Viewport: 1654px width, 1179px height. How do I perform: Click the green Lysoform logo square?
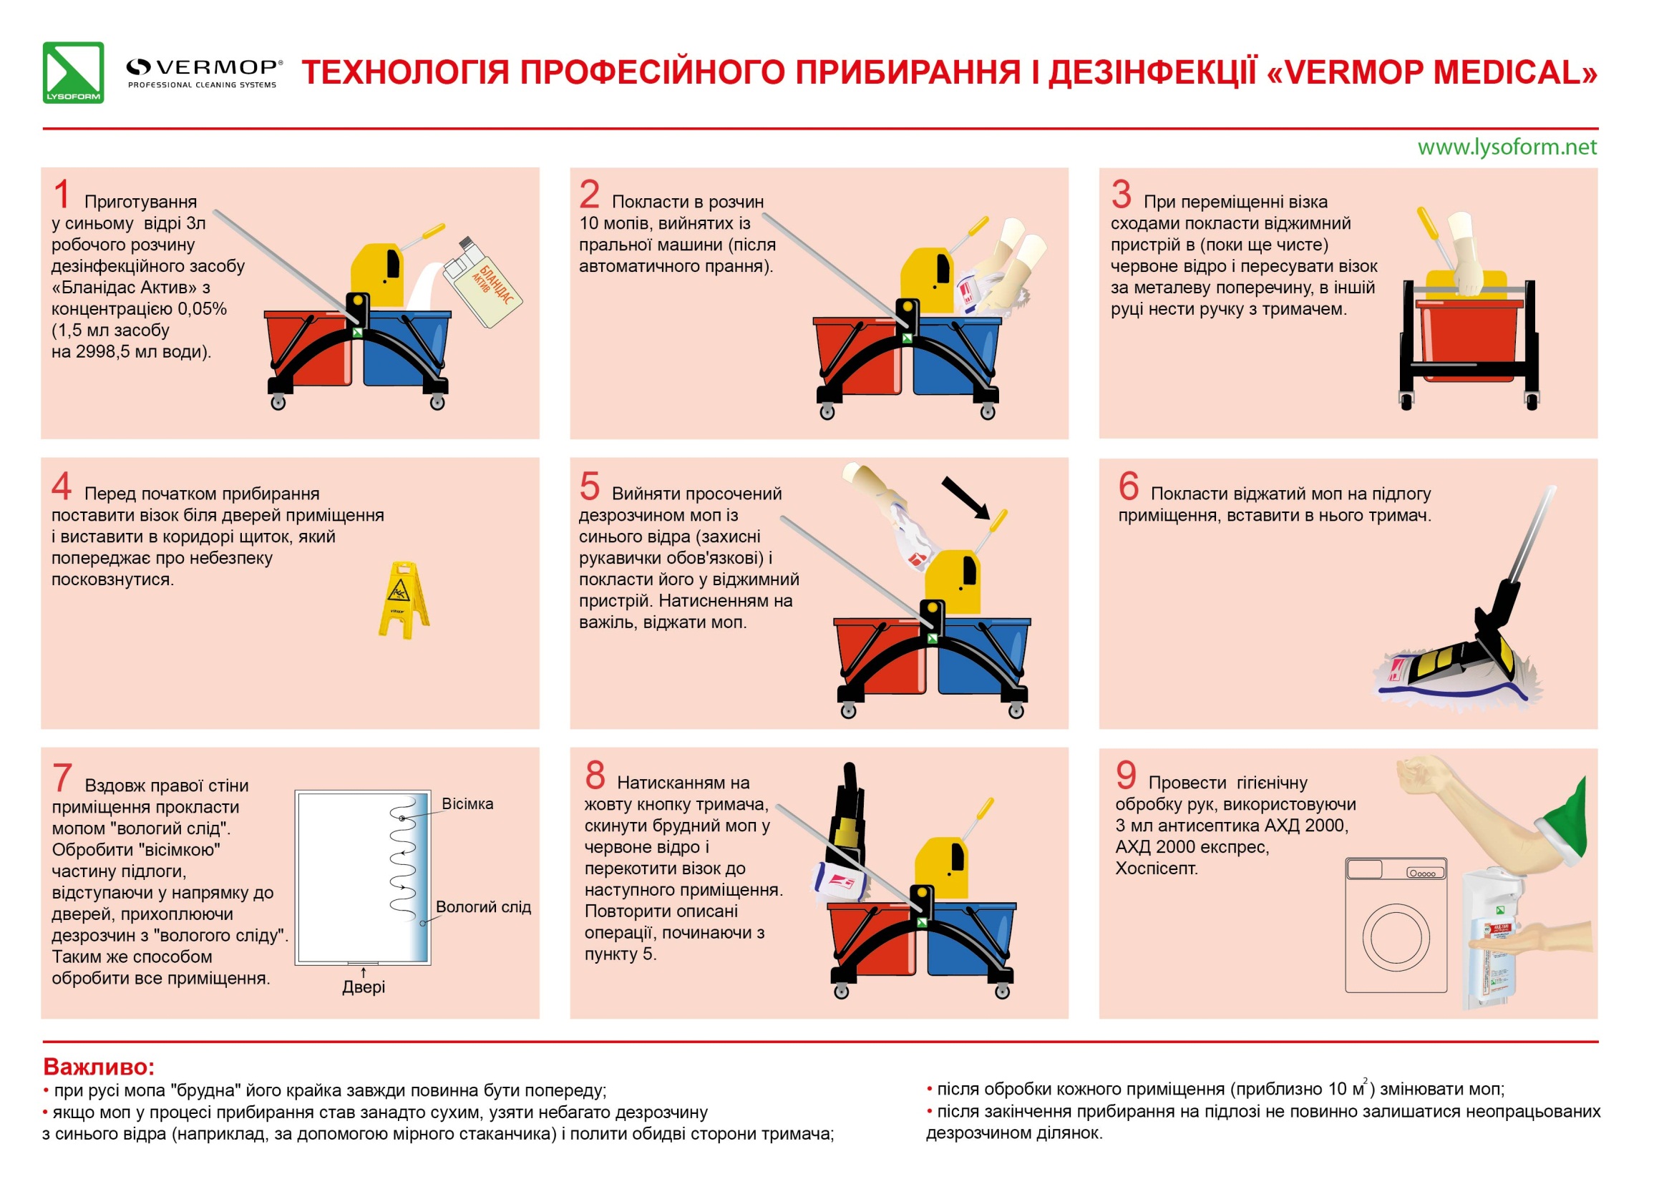click(72, 72)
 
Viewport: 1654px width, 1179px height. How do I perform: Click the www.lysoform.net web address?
click(1507, 147)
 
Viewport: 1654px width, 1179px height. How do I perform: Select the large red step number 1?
click(62, 195)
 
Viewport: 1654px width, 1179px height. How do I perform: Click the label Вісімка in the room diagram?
click(467, 803)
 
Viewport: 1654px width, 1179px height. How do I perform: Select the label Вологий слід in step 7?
click(483, 906)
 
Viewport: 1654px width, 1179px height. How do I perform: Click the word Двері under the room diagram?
click(364, 987)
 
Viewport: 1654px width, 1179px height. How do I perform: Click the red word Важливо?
click(99, 1067)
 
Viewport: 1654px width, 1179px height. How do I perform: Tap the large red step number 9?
click(1125, 776)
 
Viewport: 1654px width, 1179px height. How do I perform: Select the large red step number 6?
click(1129, 486)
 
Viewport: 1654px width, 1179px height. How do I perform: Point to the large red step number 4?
click(62, 486)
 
